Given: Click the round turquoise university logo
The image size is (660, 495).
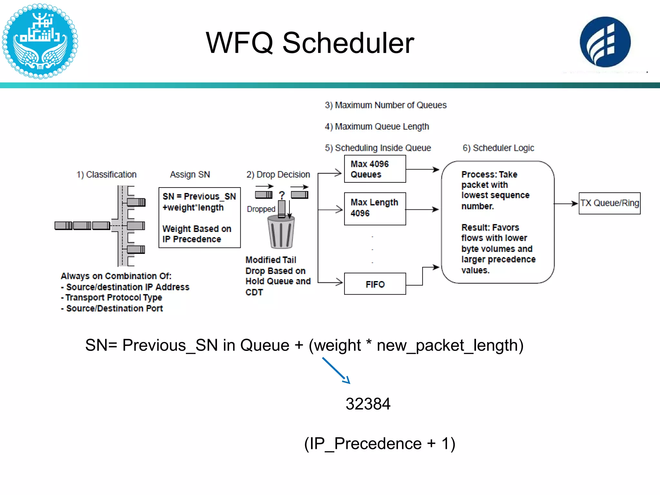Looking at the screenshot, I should tap(40, 41).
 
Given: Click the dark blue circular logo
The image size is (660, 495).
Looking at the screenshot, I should tap(605, 42).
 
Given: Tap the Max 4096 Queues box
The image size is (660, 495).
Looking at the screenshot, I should tap(375, 169).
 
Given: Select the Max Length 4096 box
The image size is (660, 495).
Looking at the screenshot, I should tap(375, 209).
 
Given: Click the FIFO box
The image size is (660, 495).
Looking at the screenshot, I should tap(375, 284).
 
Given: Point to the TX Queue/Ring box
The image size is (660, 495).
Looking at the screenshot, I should tap(609, 203).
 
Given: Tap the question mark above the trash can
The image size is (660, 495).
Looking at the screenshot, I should tap(282, 195).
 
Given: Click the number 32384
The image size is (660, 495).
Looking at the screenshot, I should tap(368, 404).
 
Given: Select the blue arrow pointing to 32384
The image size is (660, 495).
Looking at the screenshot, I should tap(336, 370).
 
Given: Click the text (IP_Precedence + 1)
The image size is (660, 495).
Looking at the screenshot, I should tap(380, 444).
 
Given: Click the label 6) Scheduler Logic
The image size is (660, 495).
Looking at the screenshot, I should tap(498, 148).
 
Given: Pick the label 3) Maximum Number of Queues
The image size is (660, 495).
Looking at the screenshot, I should tap(385, 105).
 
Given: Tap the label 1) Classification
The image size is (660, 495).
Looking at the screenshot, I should tap(106, 174).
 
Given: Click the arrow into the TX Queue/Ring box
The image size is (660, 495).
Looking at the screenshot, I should tap(566, 204).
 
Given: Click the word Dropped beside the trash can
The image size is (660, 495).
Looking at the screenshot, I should tap(261, 209).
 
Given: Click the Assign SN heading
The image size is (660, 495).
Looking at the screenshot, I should tap(190, 174).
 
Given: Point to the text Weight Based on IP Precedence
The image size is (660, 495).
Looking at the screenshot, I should tap(197, 234).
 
